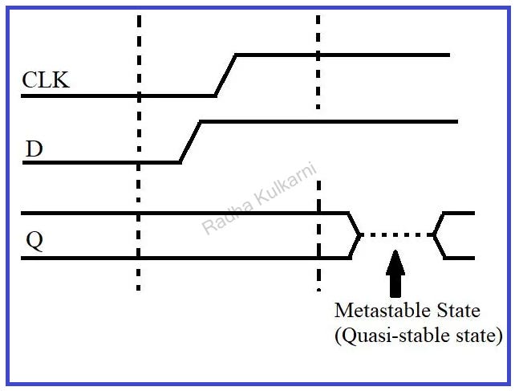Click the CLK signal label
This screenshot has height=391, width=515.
[45, 80]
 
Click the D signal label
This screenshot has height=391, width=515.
[34, 149]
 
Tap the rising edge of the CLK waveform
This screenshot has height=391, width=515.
[225, 75]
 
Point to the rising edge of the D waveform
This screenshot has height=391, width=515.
[190, 142]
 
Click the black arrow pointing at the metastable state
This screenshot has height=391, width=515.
[395, 273]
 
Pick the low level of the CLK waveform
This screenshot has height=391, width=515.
[120, 96]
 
